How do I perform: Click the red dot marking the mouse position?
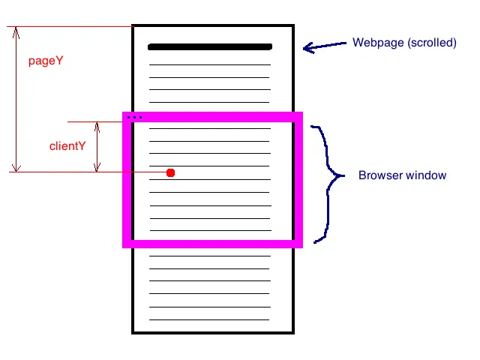point(170,173)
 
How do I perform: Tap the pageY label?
point(46,61)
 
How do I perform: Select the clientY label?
point(67,146)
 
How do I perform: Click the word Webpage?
point(378,43)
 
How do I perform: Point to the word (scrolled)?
point(432,43)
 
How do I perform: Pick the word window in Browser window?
point(427,175)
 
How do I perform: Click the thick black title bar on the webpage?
point(210,46)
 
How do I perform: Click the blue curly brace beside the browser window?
point(328,184)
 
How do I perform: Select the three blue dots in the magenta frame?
point(134,117)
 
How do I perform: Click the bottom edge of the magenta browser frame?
point(212,244)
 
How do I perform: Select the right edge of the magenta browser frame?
point(298,180)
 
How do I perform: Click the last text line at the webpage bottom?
point(209,320)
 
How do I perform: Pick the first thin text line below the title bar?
point(210,65)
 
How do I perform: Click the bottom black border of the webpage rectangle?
point(213,333)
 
